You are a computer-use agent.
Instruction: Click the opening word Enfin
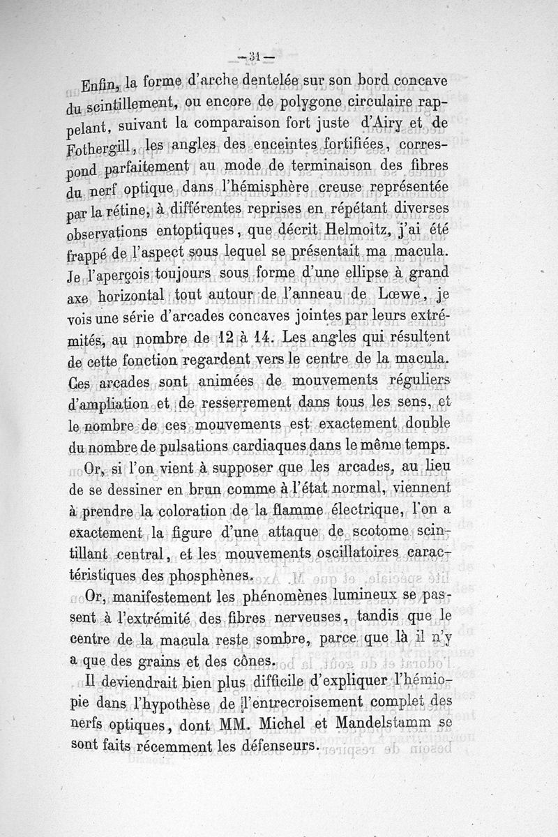click(103, 88)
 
